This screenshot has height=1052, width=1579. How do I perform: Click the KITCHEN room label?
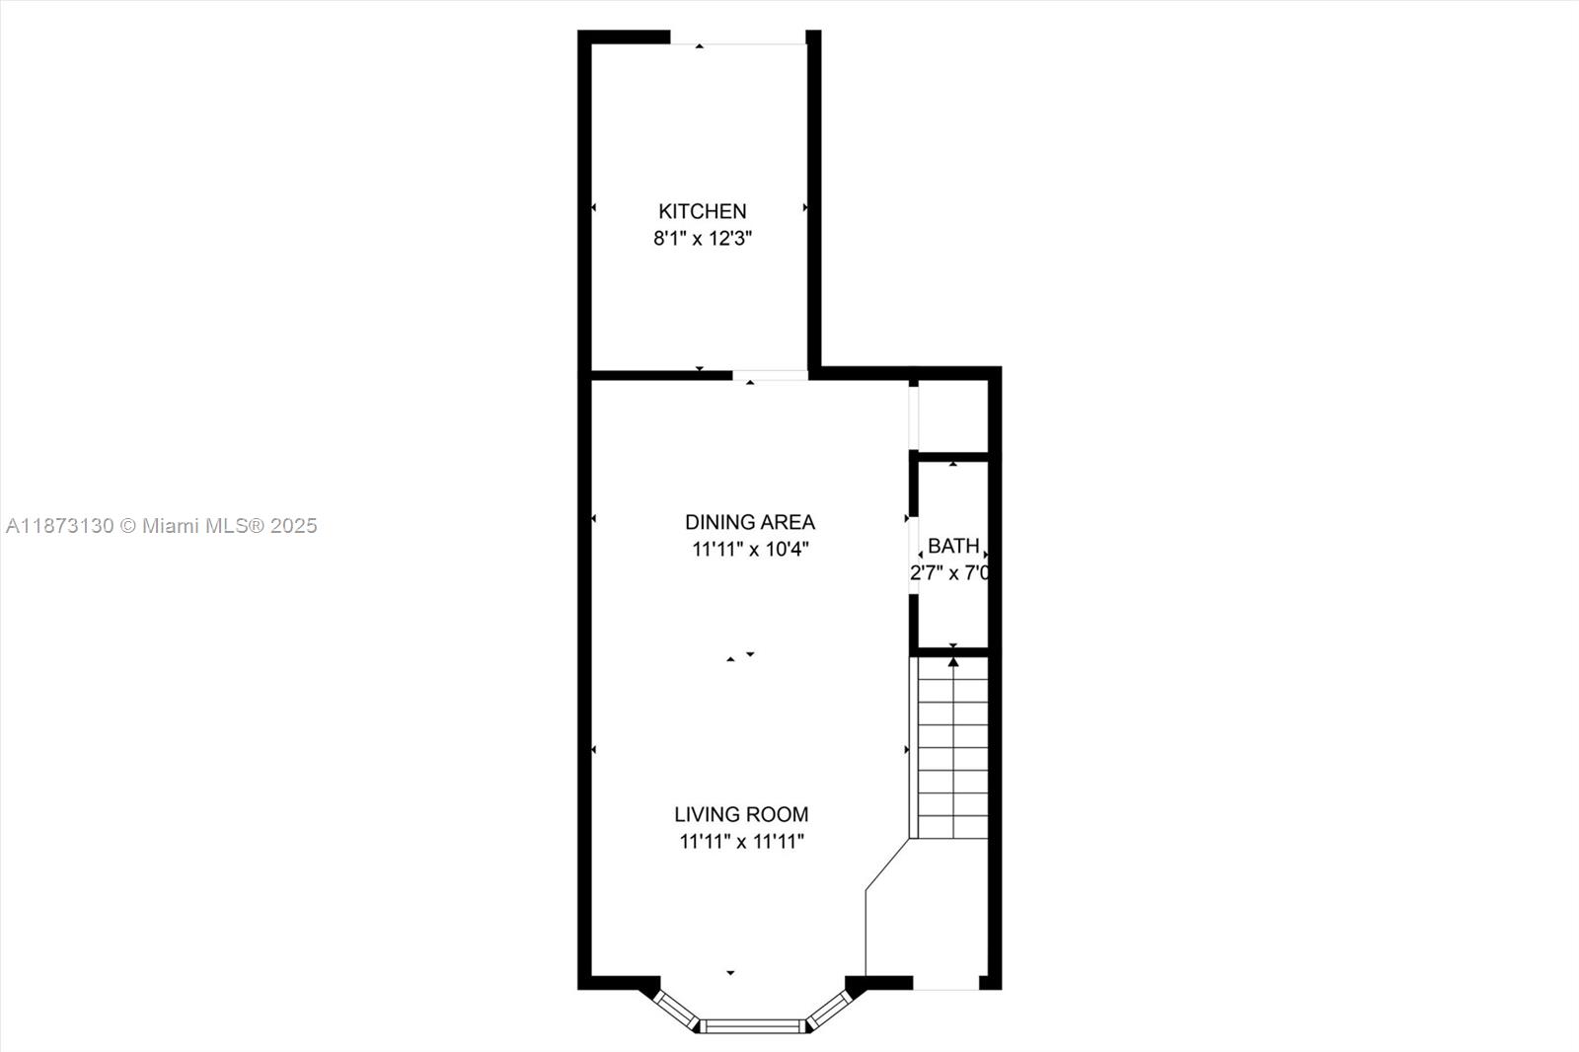[702, 211]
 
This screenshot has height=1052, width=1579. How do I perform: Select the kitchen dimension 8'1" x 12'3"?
[703, 238]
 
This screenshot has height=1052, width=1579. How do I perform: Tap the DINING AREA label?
[750, 522]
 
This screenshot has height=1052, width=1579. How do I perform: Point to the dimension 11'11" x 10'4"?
[750, 550]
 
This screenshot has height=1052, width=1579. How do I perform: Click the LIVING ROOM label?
[741, 814]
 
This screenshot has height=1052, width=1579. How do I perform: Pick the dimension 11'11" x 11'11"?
[741, 842]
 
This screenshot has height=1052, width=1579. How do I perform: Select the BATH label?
[953, 546]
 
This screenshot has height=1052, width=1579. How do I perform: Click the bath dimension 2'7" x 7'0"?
[949, 573]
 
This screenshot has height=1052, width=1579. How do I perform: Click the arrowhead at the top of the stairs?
[953, 662]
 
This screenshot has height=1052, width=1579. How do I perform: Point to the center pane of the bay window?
[753, 1026]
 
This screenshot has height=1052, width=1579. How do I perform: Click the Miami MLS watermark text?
[162, 526]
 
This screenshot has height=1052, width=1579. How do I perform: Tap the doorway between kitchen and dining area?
[770, 375]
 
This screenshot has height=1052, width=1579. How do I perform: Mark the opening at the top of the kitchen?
[738, 38]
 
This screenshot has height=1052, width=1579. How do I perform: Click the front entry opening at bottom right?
[945, 983]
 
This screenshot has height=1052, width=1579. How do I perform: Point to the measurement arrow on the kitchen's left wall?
[593, 207]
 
